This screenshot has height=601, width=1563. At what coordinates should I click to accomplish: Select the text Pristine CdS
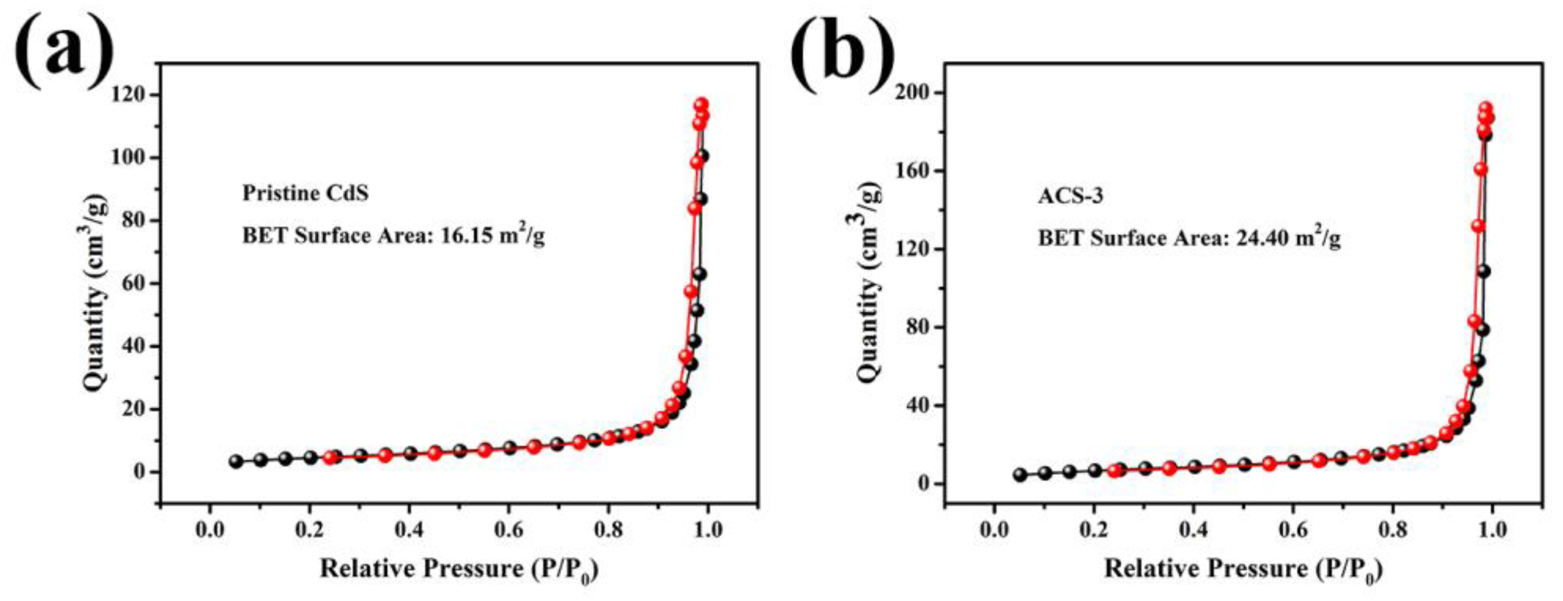pos(305,194)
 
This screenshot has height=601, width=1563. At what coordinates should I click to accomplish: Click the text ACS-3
pos(1071,196)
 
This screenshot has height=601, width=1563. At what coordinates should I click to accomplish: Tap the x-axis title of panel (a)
pos(459,570)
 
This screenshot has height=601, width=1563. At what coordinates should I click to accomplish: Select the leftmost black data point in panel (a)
pos(236,462)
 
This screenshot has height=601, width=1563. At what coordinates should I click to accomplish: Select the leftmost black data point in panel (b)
pos(1020,475)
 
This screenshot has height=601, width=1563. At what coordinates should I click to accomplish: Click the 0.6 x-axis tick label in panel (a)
pos(508,529)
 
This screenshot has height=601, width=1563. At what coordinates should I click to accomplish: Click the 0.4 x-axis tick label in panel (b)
pos(1193,529)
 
